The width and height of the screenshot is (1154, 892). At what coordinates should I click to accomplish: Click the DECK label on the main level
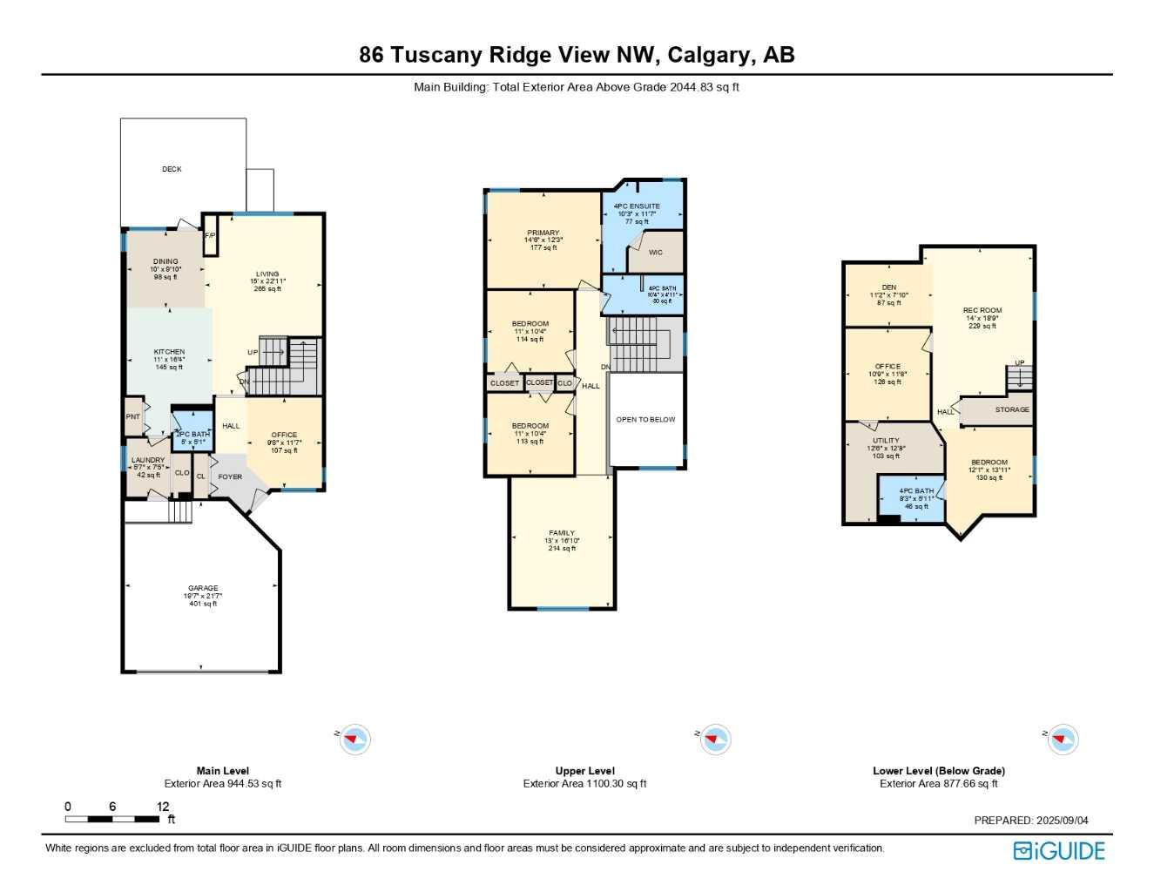[x=172, y=169]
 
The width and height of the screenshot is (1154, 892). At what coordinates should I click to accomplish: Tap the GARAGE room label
[x=203, y=588]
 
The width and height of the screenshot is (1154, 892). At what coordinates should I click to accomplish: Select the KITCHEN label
[x=169, y=352]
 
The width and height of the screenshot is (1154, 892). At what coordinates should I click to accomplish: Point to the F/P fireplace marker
[x=210, y=236]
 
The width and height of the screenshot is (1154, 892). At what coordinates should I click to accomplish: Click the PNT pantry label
[x=132, y=417]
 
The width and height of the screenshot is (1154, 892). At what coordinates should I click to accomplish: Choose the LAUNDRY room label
[x=148, y=460]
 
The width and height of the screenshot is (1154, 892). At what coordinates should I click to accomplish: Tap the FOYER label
[x=230, y=477]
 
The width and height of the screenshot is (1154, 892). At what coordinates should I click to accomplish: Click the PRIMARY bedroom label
[x=543, y=233]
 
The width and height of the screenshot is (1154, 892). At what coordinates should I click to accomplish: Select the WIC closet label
[x=656, y=253]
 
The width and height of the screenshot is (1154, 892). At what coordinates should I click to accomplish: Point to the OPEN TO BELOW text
[x=645, y=420]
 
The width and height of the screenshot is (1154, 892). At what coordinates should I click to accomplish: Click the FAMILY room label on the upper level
[x=562, y=533]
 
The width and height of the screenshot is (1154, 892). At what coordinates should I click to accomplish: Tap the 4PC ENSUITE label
[x=637, y=206]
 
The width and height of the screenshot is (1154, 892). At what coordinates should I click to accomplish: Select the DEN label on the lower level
[x=888, y=287]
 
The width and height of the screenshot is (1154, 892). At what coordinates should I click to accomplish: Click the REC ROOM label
[x=982, y=310]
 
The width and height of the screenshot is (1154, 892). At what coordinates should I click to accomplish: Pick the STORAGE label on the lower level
[x=1012, y=409]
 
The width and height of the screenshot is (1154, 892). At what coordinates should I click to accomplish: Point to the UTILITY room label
[x=886, y=441]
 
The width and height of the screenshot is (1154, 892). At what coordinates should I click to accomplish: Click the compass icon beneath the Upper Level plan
[x=715, y=740]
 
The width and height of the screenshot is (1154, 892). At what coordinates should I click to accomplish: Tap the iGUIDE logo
[x=1059, y=851]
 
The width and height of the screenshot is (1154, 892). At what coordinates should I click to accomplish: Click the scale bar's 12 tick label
[x=163, y=807]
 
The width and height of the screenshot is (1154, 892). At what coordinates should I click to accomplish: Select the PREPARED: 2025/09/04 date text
[x=1030, y=821]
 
